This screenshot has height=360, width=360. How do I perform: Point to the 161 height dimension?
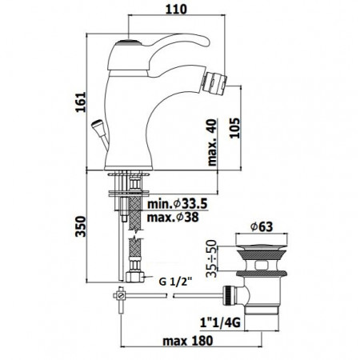(74, 102)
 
